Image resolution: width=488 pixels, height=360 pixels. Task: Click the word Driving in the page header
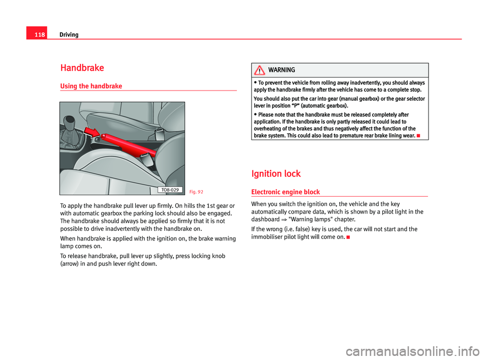pyautogui.click(x=69, y=35)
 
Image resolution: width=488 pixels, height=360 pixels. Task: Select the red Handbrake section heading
pyautogui.click(x=82, y=68)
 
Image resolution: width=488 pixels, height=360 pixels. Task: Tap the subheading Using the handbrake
pyautogui.click(x=90, y=86)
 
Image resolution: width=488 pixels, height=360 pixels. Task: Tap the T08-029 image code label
pyautogui.click(x=167, y=190)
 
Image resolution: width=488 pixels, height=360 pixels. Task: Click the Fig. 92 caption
pyautogui.click(x=196, y=192)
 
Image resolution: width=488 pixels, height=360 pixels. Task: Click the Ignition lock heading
pyautogui.click(x=276, y=174)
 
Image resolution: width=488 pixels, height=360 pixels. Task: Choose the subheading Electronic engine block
pyautogui.click(x=286, y=192)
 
